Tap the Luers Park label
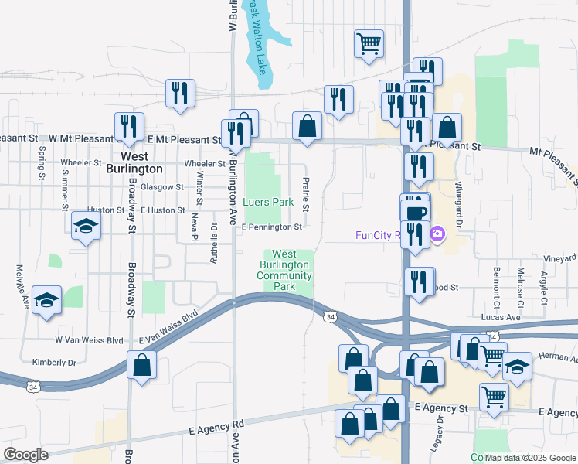268,202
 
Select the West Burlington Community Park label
284,270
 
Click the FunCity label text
377,235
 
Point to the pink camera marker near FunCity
437,234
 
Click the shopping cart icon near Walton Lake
369,43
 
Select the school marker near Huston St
86,226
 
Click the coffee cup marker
415,211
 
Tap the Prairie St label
306,195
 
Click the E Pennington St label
271,227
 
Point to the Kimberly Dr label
54,362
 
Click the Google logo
25,455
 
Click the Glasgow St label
157,186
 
